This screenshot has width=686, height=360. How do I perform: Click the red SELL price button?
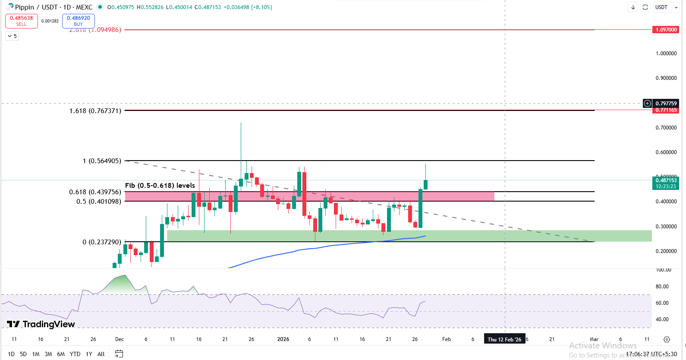pos(21,21)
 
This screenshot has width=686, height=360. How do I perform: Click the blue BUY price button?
pos(78,21)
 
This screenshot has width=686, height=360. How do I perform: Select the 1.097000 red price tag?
pos(666,30)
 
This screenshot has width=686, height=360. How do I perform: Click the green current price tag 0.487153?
pos(666,183)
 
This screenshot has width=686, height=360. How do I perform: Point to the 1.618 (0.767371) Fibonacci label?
pos(95,111)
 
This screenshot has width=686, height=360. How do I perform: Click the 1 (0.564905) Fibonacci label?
pos(102,161)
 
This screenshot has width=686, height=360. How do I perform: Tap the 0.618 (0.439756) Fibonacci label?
pos(95,192)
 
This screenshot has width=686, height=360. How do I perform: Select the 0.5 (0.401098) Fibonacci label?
pos(98,202)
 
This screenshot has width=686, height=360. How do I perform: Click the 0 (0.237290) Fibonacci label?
pos(102,242)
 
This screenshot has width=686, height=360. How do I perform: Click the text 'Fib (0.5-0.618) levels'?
pos(160,186)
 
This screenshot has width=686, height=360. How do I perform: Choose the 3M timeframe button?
pos(48,354)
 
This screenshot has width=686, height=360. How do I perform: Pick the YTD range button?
pos(75,354)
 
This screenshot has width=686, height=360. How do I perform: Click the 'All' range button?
pos(101,354)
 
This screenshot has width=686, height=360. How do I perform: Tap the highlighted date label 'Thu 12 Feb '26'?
pos(504,339)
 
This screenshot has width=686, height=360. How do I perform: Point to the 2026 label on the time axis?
pos(283,339)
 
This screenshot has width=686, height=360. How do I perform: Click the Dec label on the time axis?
pos(120,339)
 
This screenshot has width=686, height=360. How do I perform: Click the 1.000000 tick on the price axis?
pos(666,54)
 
